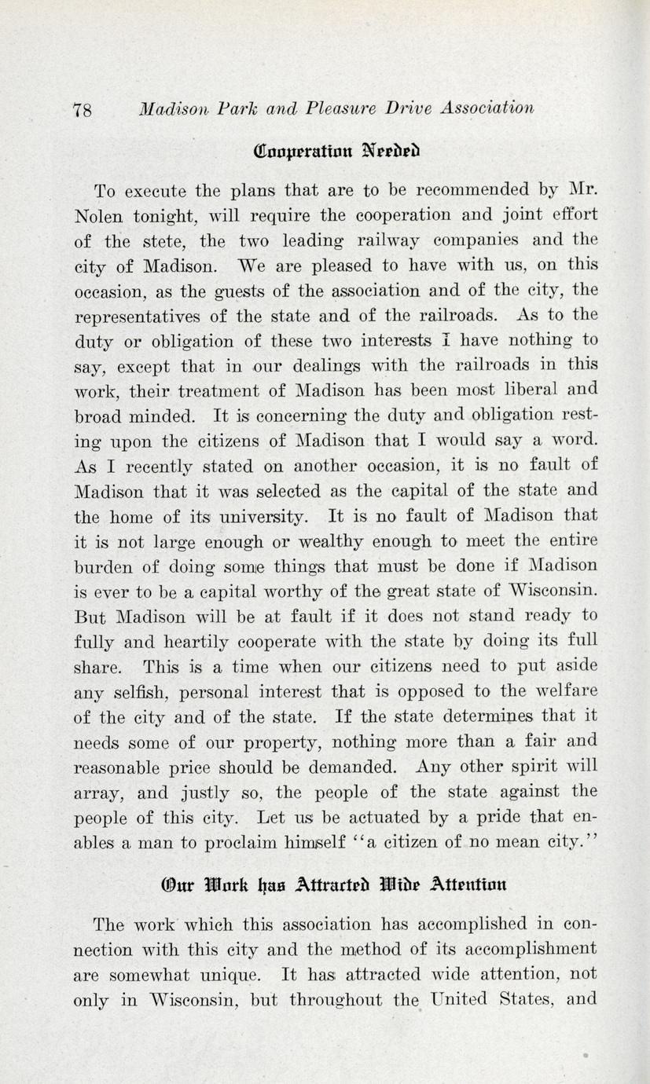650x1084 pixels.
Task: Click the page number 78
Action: tap(82, 110)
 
